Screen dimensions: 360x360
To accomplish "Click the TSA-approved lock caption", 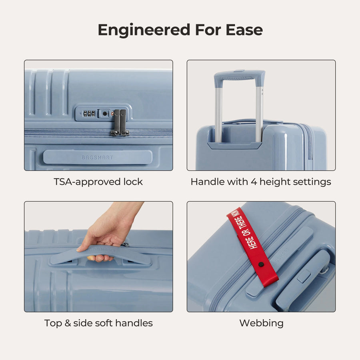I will click(x=98, y=182).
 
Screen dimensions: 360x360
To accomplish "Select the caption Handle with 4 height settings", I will click(x=261, y=182).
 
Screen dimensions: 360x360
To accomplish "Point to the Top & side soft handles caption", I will click(x=98, y=323).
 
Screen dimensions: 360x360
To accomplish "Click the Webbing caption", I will click(x=261, y=323).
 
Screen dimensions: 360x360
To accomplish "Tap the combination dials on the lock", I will click(x=89, y=114).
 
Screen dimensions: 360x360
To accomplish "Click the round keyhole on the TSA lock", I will click(x=104, y=114).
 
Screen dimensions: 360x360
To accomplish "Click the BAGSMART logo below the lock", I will click(x=98, y=157).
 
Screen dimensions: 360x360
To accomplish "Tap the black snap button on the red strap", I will click(x=261, y=264).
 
